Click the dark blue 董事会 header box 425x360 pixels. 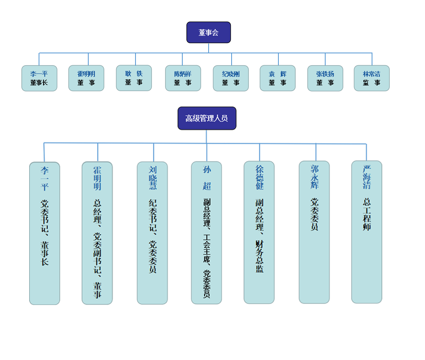[x=209, y=32]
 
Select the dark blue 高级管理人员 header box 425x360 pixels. [x=207, y=118]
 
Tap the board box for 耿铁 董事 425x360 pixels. [x=134, y=78]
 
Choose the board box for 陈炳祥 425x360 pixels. [x=183, y=78]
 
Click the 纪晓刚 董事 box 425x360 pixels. [x=231, y=78]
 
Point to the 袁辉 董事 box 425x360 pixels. [x=278, y=78]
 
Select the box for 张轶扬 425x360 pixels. [x=325, y=78]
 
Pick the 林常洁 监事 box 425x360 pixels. [x=372, y=78]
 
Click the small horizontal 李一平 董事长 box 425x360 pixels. [x=39, y=78]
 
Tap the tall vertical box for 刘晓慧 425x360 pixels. [x=152, y=233]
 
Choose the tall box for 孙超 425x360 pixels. [x=207, y=233]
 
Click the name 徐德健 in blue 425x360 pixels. [x=260, y=177]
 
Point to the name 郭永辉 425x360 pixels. [x=315, y=177]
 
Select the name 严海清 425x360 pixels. [x=367, y=177]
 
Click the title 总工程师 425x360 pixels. [x=367, y=214]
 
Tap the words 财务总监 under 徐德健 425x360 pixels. [x=260, y=256]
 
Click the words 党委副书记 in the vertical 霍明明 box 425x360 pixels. [x=97, y=253]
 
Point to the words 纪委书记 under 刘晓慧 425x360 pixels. [x=153, y=215]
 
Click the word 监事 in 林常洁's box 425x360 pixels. [x=372, y=83]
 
